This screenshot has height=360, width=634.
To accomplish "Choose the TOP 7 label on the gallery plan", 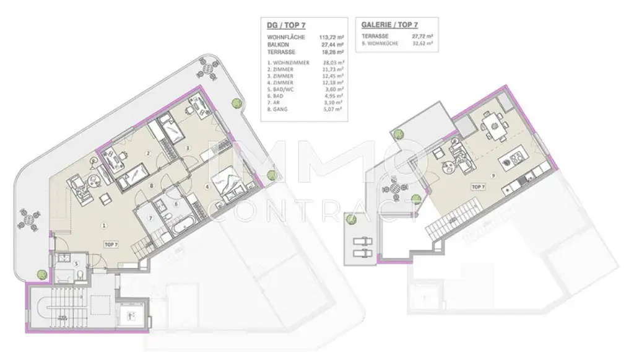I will coord(477,186).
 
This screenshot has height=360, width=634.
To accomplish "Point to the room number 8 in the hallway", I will coord(150,185).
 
